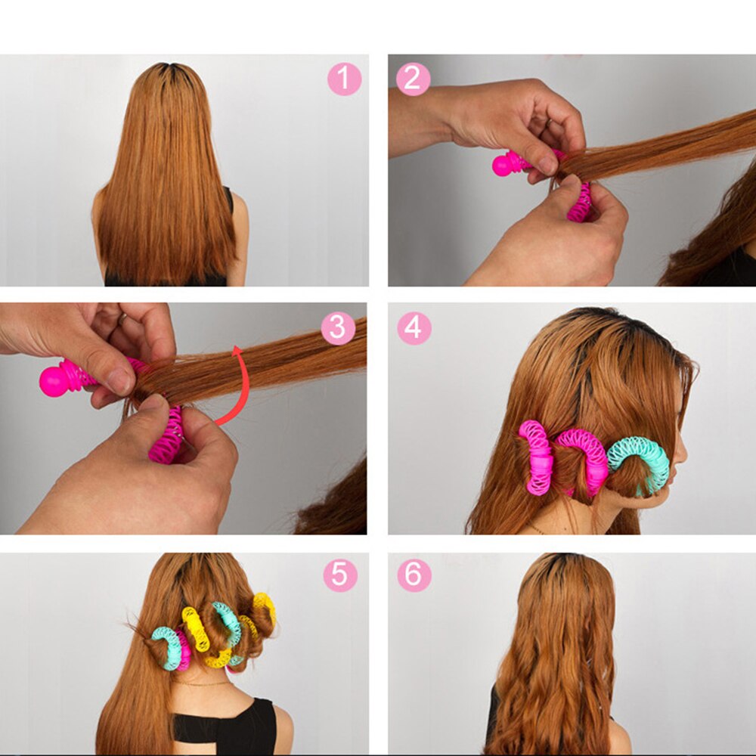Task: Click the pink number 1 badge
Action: (x=344, y=79)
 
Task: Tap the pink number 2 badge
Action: (x=413, y=79)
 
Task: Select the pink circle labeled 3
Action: (x=338, y=328)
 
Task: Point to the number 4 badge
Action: (x=414, y=328)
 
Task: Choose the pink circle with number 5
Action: (x=340, y=575)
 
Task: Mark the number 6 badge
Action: (x=414, y=575)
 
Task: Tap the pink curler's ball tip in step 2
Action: (x=503, y=165)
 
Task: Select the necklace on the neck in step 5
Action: (x=200, y=683)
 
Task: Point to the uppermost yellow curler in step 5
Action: (x=265, y=605)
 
